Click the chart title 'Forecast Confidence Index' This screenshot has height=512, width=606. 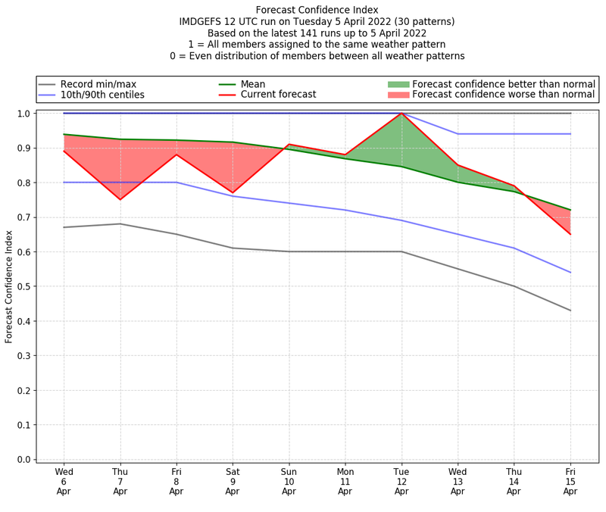(x=317, y=10)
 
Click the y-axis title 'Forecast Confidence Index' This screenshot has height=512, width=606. (x=9, y=286)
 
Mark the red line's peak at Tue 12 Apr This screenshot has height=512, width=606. (x=401, y=114)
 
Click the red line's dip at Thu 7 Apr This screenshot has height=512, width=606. (x=120, y=199)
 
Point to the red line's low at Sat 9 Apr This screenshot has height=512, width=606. (x=233, y=192)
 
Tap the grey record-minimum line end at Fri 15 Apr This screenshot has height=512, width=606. (x=570, y=311)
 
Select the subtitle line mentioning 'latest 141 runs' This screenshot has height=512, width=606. (x=317, y=33)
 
